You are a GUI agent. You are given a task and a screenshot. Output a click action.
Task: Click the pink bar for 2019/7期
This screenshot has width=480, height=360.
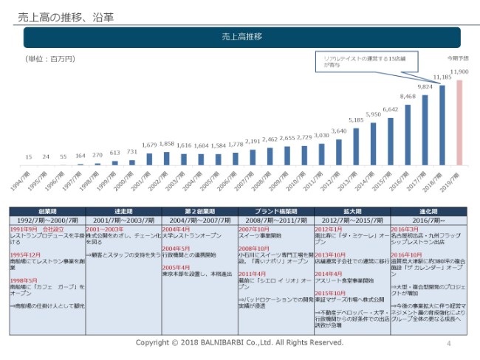pyautogui.click(x=460, y=122)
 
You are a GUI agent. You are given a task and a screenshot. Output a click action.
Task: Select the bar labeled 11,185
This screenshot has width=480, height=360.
pyautogui.click(x=442, y=125)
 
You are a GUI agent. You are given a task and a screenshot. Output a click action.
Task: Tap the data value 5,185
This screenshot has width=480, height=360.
pyautogui.click(x=356, y=120)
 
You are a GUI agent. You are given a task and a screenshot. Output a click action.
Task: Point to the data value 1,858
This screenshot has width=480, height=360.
pyautogui.click(x=166, y=144)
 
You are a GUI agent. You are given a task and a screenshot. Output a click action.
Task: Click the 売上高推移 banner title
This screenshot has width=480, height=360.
pyautogui.click(x=242, y=37)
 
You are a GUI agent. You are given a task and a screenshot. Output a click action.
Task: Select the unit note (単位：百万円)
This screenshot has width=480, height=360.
pyautogui.click(x=50, y=58)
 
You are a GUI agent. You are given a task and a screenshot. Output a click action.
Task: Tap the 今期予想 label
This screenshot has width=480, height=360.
pyautogui.click(x=457, y=58)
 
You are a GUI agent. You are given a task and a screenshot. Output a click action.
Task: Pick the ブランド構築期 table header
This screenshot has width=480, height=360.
pyautogui.click(x=275, y=211)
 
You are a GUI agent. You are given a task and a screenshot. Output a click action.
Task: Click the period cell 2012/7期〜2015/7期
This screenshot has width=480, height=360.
pyautogui.click(x=352, y=220)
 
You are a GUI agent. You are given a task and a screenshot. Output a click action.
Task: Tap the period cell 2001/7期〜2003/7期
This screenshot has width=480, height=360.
pyautogui.click(x=123, y=220)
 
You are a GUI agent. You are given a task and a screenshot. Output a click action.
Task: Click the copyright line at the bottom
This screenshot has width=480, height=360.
pyautogui.click(x=239, y=343)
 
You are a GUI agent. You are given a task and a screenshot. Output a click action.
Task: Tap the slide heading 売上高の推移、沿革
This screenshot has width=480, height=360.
pyautogui.click(x=60, y=15)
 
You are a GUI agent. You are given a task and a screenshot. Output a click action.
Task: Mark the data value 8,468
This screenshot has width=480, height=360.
pyautogui.click(x=408, y=97)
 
